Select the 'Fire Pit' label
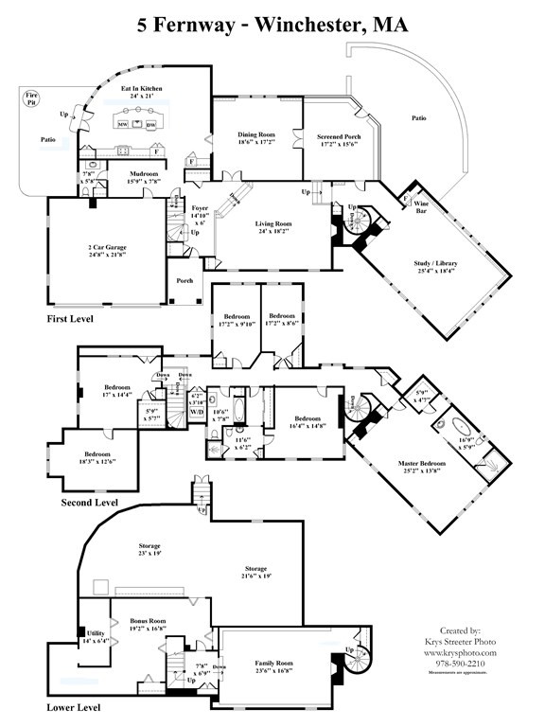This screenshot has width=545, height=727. [x=31, y=97]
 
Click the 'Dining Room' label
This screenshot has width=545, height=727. [x=255, y=135]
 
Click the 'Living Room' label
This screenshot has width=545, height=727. [x=273, y=224]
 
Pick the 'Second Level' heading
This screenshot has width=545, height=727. [x=89, y=502]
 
